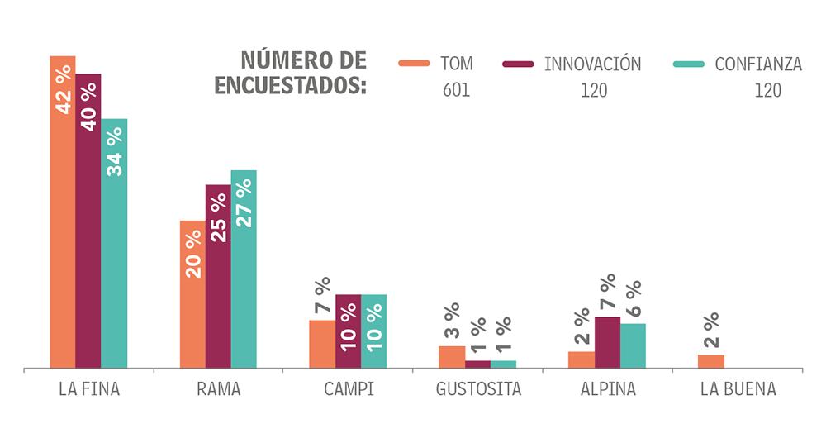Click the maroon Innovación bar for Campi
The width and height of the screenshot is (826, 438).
point(348,331)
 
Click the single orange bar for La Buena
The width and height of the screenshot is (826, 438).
point(710,361)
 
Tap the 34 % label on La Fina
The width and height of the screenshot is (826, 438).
point(115,153)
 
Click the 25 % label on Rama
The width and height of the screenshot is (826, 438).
point(218,217)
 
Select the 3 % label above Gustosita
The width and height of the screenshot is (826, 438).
point(451,322)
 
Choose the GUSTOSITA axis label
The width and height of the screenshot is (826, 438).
point(478,389)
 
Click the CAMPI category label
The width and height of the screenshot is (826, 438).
point(349,389)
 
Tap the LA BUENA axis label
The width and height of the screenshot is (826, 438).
point(738,389)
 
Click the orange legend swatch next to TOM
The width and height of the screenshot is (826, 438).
point(414,64)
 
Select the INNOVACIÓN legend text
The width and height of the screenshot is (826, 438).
point(592,64)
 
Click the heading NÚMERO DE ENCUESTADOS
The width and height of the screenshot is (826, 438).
point(292,73)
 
